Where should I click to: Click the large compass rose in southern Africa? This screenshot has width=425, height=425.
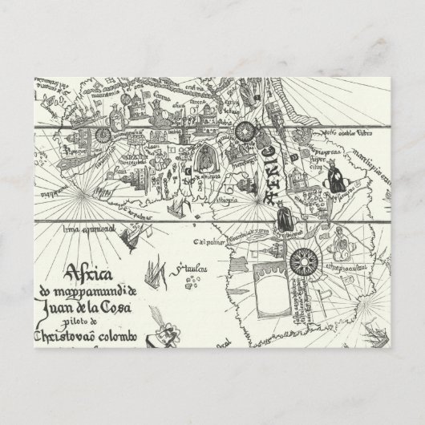[306, 258]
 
